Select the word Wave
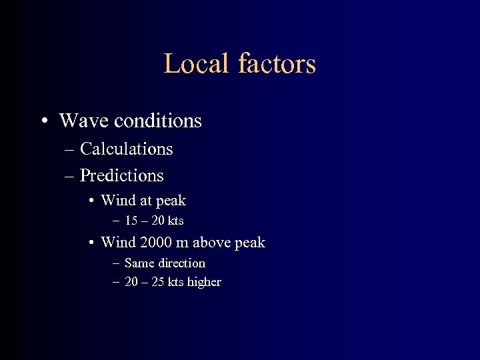tap(84, 121)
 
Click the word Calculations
tap(126, 149)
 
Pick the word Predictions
tap(121, 175)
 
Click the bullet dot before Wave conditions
tap(44, 121)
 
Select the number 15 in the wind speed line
tap(131, 221)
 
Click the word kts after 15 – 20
tap(176, 221)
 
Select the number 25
tap(158, 282)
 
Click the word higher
tap(204, 282)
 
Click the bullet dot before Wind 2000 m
tap(91, 243)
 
